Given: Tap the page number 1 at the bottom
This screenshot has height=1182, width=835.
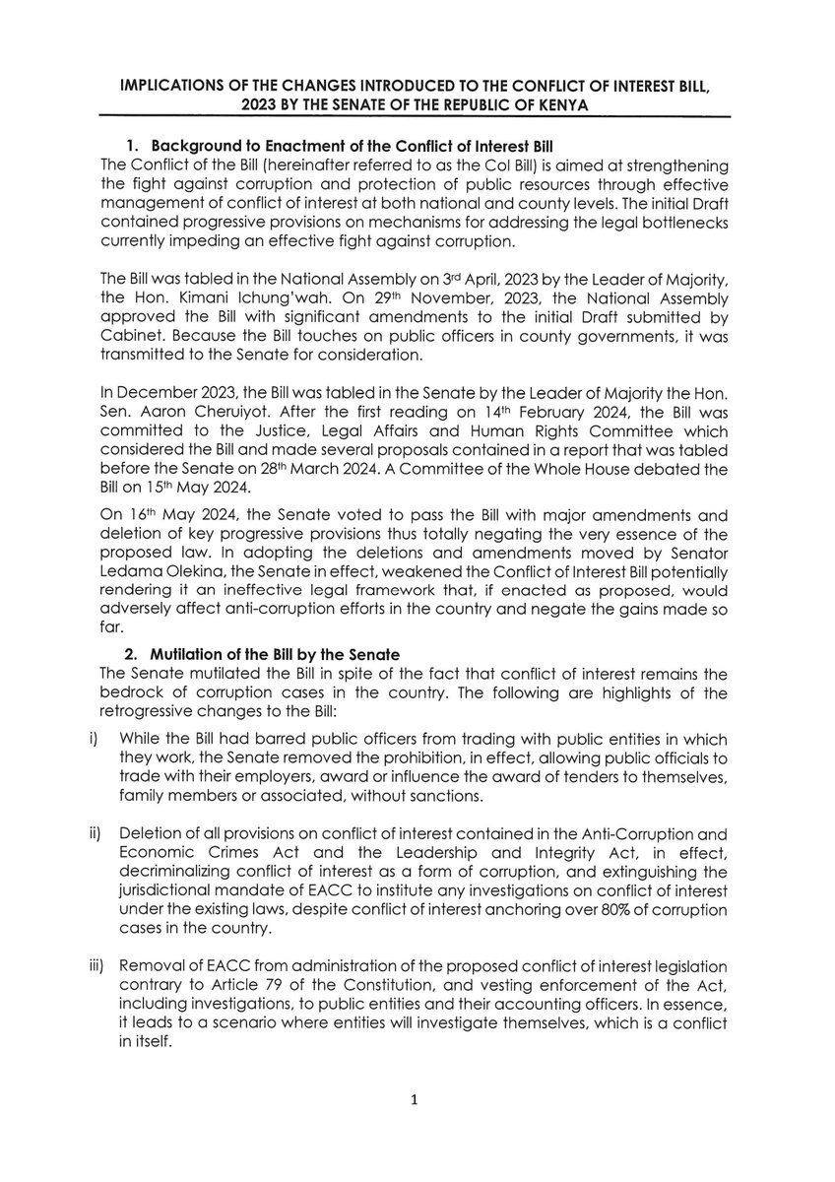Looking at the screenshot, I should click(417, 1100).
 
